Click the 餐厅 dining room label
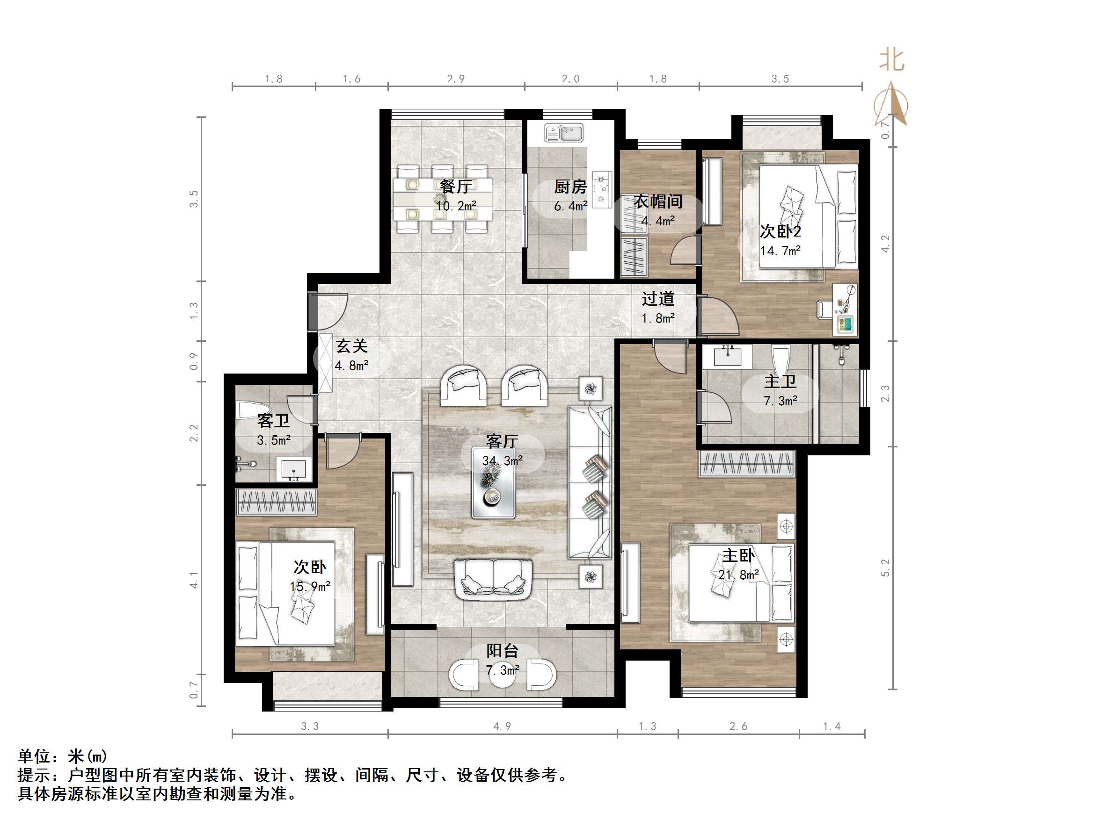point(455,187)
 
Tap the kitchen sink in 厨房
point(564,133)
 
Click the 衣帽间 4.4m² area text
point(658,221)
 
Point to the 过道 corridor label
point(658,299)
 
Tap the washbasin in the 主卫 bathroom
point(727,355)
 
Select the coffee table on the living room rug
point(493,482)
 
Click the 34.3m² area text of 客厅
point(502,460)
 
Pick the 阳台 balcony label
point(502,651)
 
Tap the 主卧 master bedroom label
point(738,555)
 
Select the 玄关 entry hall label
point(352,346)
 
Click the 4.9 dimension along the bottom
point(502,726)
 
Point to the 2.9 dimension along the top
point(455,79)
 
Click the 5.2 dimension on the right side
point(885,568)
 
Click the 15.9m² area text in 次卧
point(310,587)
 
